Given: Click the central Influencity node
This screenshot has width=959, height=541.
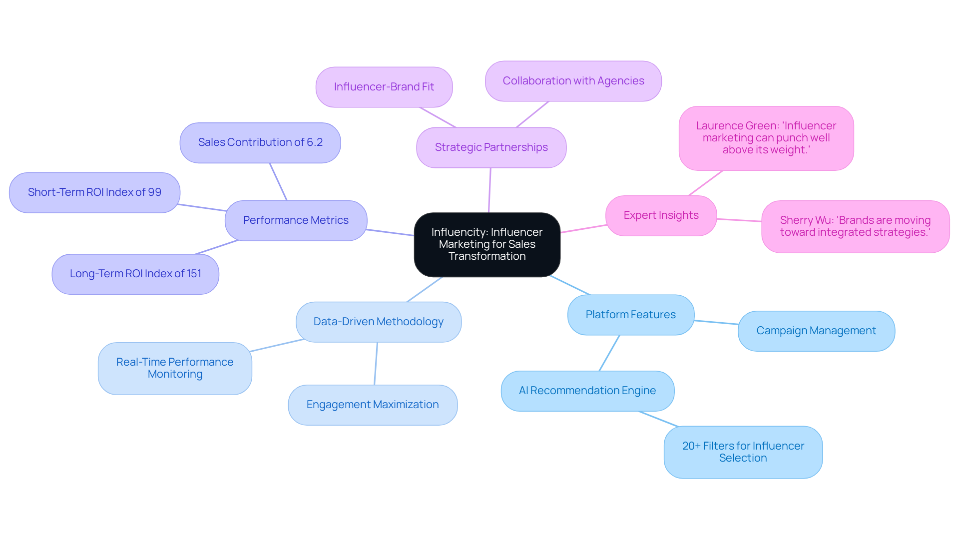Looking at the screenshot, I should coord(487,244).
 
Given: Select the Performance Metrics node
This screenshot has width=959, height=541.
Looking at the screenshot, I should coord(296,220).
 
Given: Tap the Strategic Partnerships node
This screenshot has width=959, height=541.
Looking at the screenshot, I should coord(491,147).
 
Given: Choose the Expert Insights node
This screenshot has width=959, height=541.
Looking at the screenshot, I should coord(661,215).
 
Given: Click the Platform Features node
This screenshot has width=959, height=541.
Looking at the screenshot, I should coord(630,315).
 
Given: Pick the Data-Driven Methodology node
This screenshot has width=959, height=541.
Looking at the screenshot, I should coord(378,322).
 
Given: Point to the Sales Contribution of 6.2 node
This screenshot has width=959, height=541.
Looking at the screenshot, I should coord(260,142).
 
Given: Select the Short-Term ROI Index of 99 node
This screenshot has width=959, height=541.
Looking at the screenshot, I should coord(94,192).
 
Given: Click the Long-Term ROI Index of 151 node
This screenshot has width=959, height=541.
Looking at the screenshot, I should coord(135,274).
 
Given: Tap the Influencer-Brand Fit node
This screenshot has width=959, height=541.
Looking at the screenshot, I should coord(384,87).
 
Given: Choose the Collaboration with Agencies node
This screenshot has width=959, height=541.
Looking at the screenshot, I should coord(573,81).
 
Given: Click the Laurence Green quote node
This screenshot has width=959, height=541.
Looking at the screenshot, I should coord(766,138).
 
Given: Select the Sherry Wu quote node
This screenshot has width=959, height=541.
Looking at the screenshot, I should coord(855,226).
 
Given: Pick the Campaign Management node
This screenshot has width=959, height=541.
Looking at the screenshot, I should coord(816,331).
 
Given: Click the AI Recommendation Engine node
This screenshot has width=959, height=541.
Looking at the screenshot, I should coord(587,391).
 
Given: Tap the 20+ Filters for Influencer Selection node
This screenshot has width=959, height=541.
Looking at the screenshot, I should coord(743,452).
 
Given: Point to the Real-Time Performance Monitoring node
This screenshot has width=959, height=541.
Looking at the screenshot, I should coord(175,368).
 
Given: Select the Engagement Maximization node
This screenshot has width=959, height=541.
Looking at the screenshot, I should coord(373,405).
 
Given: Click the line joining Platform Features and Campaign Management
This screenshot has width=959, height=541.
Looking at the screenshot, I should coord(716,322).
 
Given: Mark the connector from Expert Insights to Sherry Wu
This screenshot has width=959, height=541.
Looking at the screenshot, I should coord(739,220).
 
